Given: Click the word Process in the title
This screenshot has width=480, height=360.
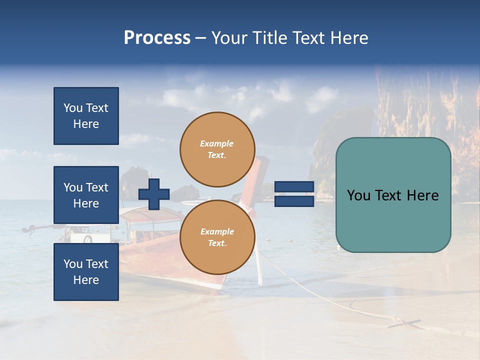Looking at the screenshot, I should pos(157,38).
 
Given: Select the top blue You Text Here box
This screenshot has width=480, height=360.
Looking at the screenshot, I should pos(86,116).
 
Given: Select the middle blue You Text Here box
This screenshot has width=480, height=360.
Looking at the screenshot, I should pos(86,195).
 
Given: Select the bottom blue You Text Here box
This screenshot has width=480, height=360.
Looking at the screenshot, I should pos(86,271).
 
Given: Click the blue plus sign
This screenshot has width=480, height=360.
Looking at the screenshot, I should pos(154,194).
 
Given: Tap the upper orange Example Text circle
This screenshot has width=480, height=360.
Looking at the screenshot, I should pos(217,149).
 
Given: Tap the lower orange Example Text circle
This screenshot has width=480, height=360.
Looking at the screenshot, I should pos(217,237).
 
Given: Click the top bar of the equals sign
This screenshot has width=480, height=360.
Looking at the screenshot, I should pos(294,186).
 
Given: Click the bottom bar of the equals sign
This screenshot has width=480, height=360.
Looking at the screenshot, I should pos(294,201).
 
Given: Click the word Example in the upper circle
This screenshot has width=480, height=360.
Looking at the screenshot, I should pos(217,143).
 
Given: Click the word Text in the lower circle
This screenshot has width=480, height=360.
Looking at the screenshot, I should pos(216,243).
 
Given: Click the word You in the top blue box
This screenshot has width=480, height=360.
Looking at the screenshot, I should pos(73,108).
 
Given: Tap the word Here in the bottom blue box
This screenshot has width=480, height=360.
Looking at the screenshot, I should pos(86,280).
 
